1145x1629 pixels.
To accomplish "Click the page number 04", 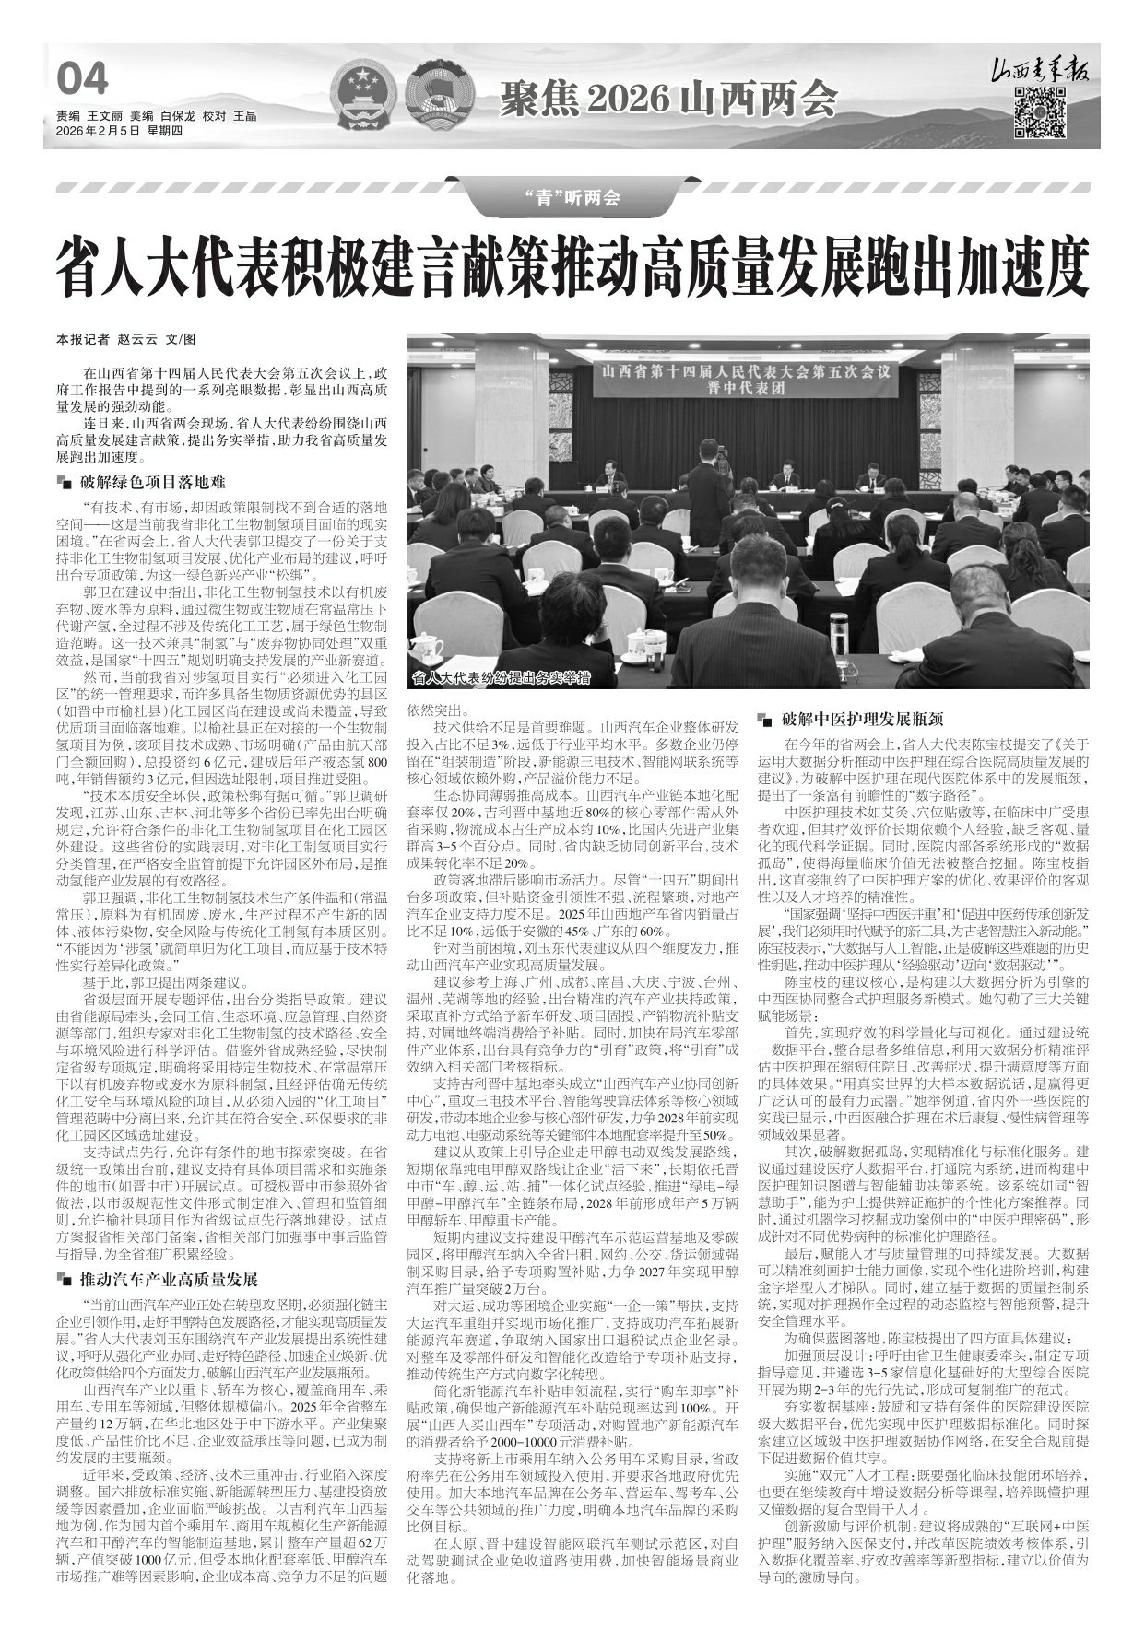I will pyautogui.click(x=82, y=79).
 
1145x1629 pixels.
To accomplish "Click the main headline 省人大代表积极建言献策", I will pyautogui.click(x=572, y=264).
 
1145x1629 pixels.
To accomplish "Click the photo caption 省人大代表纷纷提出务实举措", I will pyautogui.click(x=501, y=679).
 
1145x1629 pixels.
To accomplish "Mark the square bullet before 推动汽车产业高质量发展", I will pyautogui.click(x=63, y=1281).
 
